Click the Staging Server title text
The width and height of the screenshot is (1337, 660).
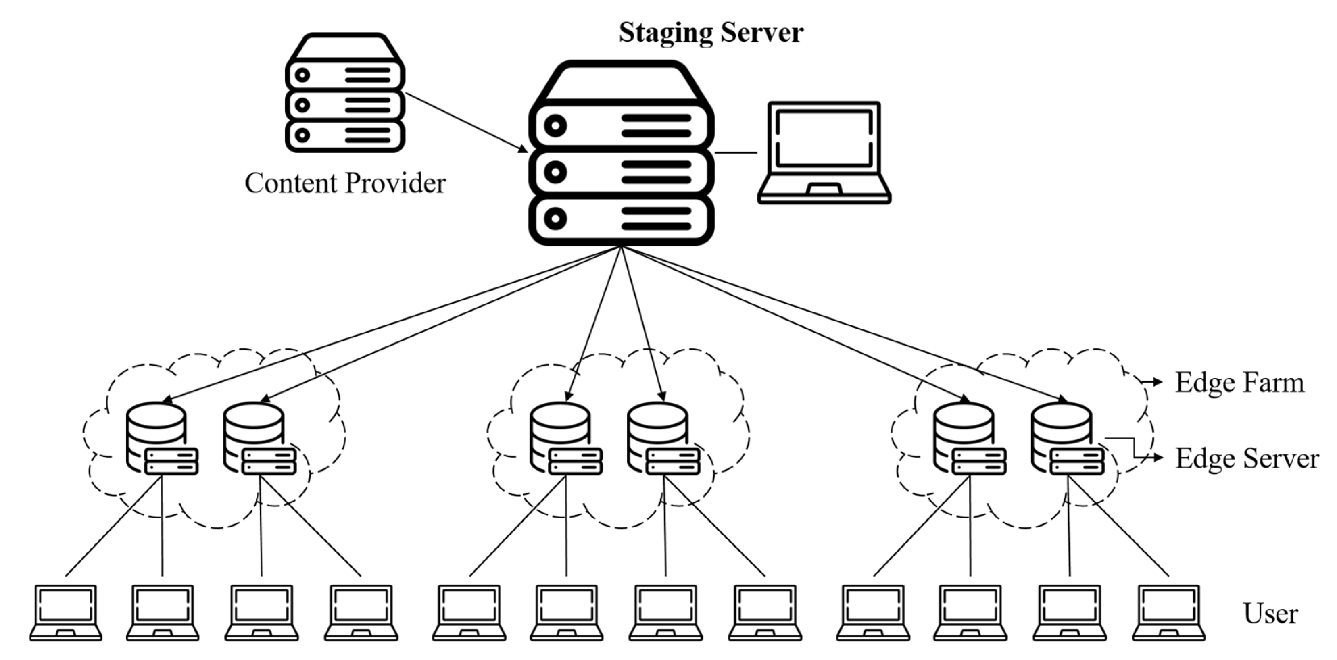711,32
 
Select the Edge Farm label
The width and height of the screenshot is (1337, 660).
1239,383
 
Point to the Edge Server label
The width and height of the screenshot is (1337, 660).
1247,459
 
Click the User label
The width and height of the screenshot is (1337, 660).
1270,614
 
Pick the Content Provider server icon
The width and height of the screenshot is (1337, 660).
345,94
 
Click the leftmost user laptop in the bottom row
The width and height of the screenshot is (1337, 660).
66,613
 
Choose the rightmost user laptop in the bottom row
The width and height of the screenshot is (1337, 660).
1168,613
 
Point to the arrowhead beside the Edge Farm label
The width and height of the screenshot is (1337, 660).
1157,382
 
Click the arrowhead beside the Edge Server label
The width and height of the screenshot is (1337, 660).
1157,458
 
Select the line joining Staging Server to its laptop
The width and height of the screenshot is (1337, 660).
736,152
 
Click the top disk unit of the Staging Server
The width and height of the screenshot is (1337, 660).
621,125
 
